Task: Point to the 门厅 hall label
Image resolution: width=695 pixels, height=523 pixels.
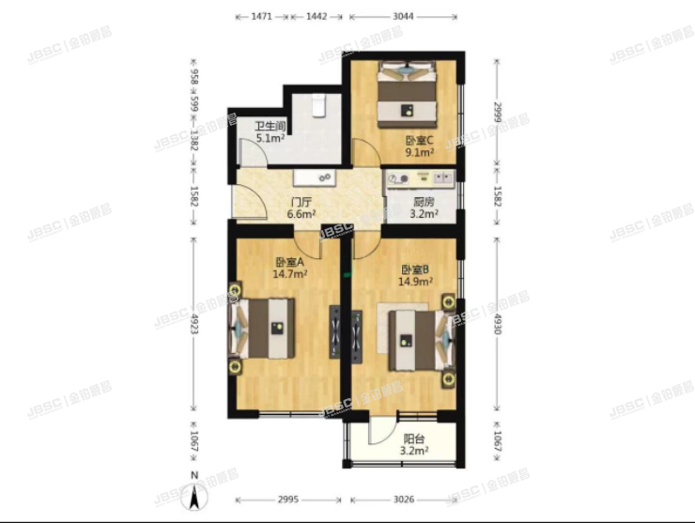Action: [x=301, y=201]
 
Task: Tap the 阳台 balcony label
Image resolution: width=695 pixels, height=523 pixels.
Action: [x=413, y=438]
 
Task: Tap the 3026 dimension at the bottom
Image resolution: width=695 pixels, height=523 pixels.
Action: [x=405, y=500]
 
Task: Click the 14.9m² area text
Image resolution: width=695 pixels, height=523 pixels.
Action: [x=413, y=281]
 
